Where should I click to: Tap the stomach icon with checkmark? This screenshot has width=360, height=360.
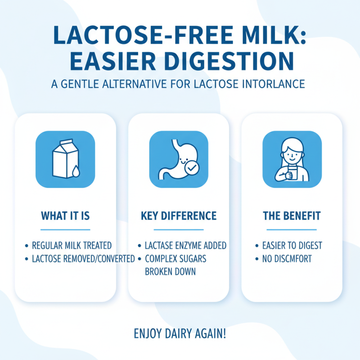click(x=179, y=159)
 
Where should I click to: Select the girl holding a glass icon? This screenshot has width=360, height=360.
click(x=292, y=159)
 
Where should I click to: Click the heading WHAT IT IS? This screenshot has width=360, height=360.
click(x=65, y=216)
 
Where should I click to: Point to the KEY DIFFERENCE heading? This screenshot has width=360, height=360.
click(x=179, y=216)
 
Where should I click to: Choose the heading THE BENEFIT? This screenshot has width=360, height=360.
click(x=292, y=216)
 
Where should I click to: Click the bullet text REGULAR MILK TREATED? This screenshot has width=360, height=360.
click(x=72, y=246)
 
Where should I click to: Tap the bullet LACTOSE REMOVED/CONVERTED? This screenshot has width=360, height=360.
click(x=83, y=258)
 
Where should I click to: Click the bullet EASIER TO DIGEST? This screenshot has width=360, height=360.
click(x=292, y=246)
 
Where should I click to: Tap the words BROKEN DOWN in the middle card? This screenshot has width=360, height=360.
click(x=170, y=272)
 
